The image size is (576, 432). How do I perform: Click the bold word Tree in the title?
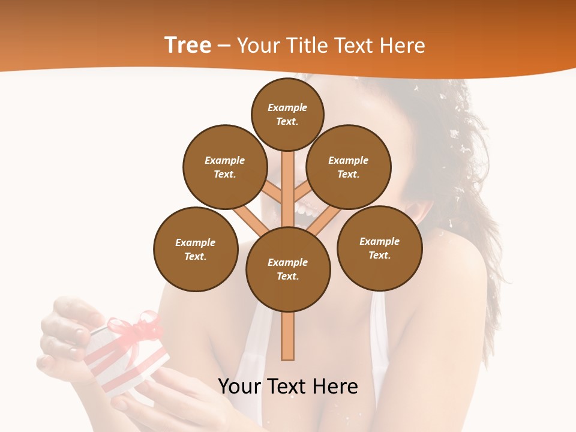click(188, 45)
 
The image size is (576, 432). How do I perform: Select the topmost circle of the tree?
click(287, 114)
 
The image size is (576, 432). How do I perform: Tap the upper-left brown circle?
click(224, 167)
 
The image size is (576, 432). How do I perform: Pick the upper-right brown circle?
click(348, 167)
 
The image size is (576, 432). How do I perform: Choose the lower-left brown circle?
click(196, 249)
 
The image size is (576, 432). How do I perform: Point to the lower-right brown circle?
click(379, 248)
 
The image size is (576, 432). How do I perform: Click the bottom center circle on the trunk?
click(288, 269)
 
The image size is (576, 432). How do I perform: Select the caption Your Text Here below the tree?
click(288, 386)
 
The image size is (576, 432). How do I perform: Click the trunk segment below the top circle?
click(288, 180)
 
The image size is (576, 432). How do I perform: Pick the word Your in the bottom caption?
click(240, 386)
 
